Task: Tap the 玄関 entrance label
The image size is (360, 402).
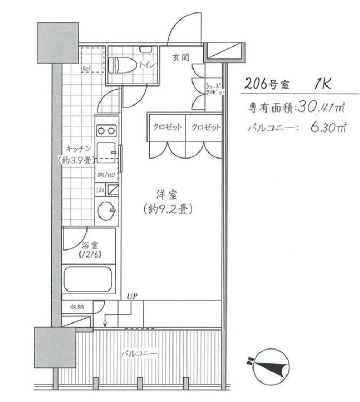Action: point(181,57)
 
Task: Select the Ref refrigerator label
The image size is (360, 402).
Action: point(86,69)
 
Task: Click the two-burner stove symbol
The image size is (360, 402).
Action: point(106,130)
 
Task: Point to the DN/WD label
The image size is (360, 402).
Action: point(106,175)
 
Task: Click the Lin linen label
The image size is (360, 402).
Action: point(100,189)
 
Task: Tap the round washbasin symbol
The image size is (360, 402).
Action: point(106,210)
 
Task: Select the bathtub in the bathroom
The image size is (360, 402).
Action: point(89,278)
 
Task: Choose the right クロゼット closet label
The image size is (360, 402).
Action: point(205,128)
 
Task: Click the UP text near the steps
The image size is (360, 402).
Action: point(131,295)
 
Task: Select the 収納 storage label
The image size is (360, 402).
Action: point(76,306)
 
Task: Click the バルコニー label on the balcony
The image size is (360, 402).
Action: point(139,353)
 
